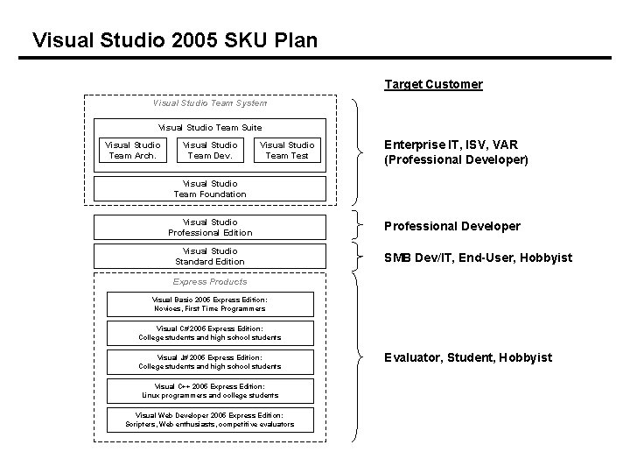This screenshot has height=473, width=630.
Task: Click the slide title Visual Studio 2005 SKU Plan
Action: pos(174,40)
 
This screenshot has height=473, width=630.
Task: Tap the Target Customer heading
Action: pos(433,85)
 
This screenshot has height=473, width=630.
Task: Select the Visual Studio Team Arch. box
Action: pos(132,151)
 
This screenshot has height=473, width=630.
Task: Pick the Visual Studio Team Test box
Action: pos(287,151)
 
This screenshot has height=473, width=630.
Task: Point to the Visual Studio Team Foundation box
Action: pos(210,189)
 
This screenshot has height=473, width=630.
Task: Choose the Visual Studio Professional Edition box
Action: pos(210,228)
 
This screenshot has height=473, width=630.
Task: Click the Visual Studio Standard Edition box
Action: pos(210,257)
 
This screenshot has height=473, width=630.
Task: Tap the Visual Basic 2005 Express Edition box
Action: pos(210,304)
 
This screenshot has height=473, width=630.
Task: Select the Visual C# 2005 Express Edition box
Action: pos(210,334)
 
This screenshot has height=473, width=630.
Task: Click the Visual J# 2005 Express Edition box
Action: pos(210,362)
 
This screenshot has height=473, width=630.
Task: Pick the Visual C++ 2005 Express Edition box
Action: pos(210,391)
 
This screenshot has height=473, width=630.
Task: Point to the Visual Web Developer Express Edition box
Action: pos(210,420)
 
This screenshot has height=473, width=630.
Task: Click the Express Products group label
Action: pos(210,282)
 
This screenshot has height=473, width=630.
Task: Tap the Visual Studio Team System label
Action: pos(210,103)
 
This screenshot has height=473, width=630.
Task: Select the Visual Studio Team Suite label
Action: pos(210,128)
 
